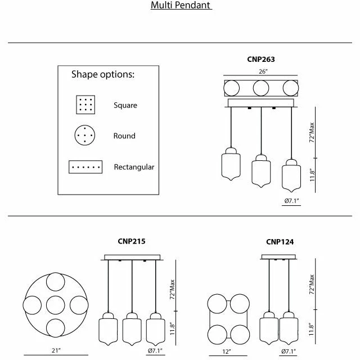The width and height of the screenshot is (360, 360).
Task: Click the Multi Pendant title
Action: pos(181,6)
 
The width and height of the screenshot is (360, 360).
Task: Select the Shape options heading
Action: pos(102,74)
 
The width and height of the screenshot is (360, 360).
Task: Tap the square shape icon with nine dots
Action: pos(85,105)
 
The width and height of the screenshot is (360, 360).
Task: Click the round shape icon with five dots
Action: pos(85,135)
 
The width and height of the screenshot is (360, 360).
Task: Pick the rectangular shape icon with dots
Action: pos(85,167)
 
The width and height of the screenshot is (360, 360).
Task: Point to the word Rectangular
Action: pos(134,167)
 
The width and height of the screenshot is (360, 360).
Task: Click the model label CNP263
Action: pos(261,59)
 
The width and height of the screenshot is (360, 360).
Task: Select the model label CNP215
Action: pos(131,241)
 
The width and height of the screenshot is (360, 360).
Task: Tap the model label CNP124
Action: pos(280,242)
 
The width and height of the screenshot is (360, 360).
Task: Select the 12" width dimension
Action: pos(226,352)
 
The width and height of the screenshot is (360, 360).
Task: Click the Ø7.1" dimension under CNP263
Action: pos(292,201)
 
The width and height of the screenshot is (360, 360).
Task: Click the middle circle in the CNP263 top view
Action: pos(260,88)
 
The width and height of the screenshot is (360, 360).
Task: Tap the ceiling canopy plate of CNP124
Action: pos(279,258)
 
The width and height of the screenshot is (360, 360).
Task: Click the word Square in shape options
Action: pos(125,105)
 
